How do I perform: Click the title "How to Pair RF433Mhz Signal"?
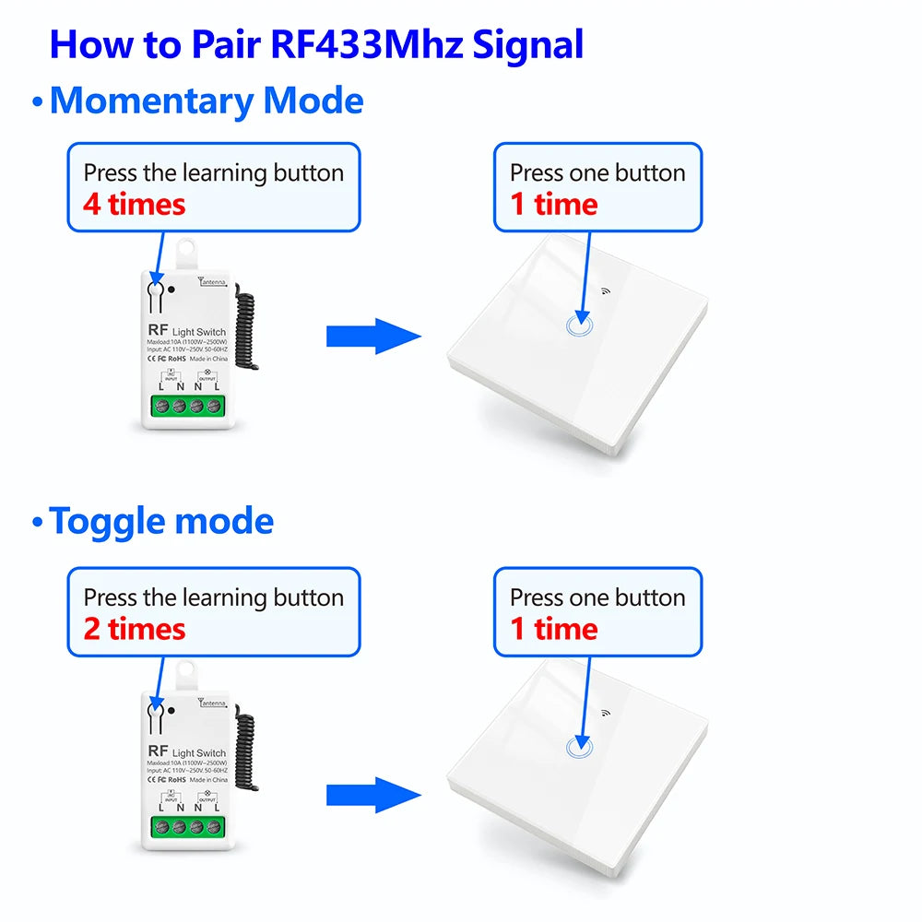pos(316,44)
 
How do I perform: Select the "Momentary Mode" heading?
pos(207,100)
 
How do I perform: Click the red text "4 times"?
pos(135,205)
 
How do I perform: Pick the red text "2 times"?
pos(135,630)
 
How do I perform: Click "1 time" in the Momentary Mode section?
pos(554,205)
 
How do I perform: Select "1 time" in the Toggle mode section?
pos(554,630)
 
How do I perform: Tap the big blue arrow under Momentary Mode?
pos(372,337)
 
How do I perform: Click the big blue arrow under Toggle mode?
pos(372,795)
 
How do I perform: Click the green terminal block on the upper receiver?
pos(188,406)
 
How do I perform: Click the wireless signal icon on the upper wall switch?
pos(607,290)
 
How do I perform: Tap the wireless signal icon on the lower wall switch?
pos(607,713)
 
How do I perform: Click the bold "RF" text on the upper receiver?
pos(156,329)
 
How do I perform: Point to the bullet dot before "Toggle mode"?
pos(37,524)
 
